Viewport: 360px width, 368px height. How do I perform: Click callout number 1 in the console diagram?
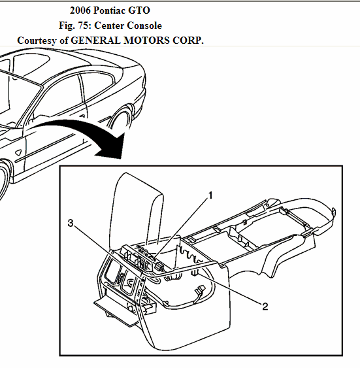211,195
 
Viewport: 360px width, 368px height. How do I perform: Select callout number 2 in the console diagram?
265,305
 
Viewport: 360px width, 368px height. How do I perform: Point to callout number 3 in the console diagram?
71,224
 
